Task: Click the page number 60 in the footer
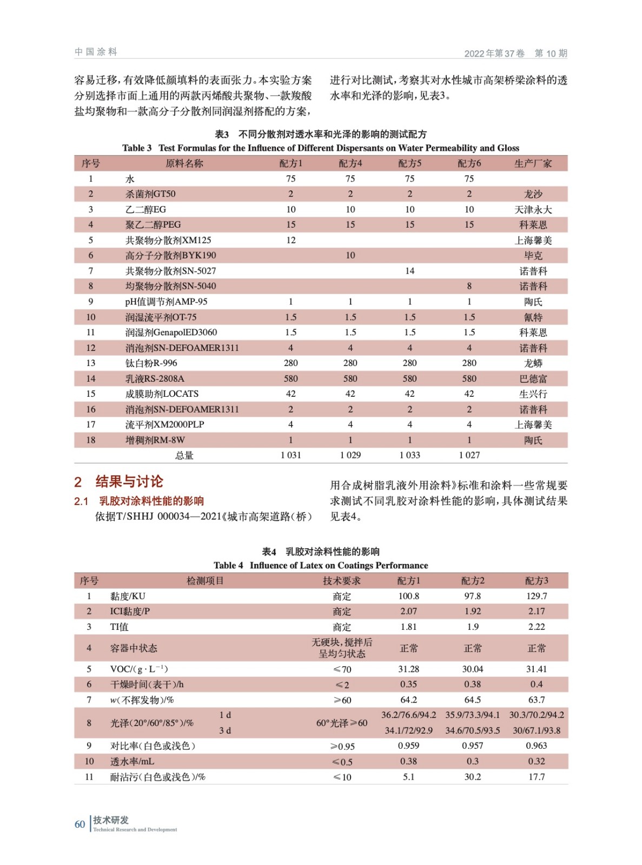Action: click(80, 824)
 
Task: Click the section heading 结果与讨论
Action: click(129, 482)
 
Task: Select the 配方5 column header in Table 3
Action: click(409, 163)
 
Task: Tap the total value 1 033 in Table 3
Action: click(409, 455)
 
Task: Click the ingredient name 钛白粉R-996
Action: click(151, 363)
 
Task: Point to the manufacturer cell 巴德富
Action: click(533, 378)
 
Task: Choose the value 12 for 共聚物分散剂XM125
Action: click(291, 240)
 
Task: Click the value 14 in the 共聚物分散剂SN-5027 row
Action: click(409, 271)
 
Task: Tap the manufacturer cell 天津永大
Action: click(533, 209)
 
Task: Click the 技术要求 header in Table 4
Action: click(342, 581)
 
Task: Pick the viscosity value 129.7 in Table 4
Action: click(537, 596)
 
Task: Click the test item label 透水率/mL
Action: click(132, 761)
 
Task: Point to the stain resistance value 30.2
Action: click(472, 777)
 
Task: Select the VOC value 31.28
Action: click(408, 669)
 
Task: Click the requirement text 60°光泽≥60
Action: click(342, 723)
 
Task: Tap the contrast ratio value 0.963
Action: click(537, 746)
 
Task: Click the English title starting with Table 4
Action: click(321, 565)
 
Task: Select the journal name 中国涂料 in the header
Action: click(96, 52)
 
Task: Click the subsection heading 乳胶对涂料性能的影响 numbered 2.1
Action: click(151, 501)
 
